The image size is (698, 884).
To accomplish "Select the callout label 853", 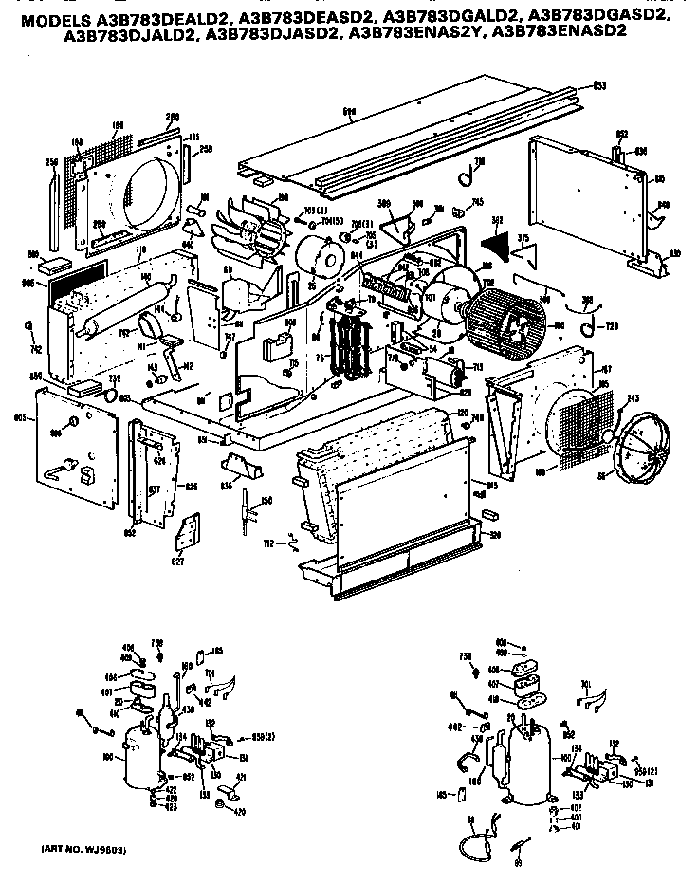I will (599, 86).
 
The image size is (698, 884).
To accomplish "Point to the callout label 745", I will (478, 201).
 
